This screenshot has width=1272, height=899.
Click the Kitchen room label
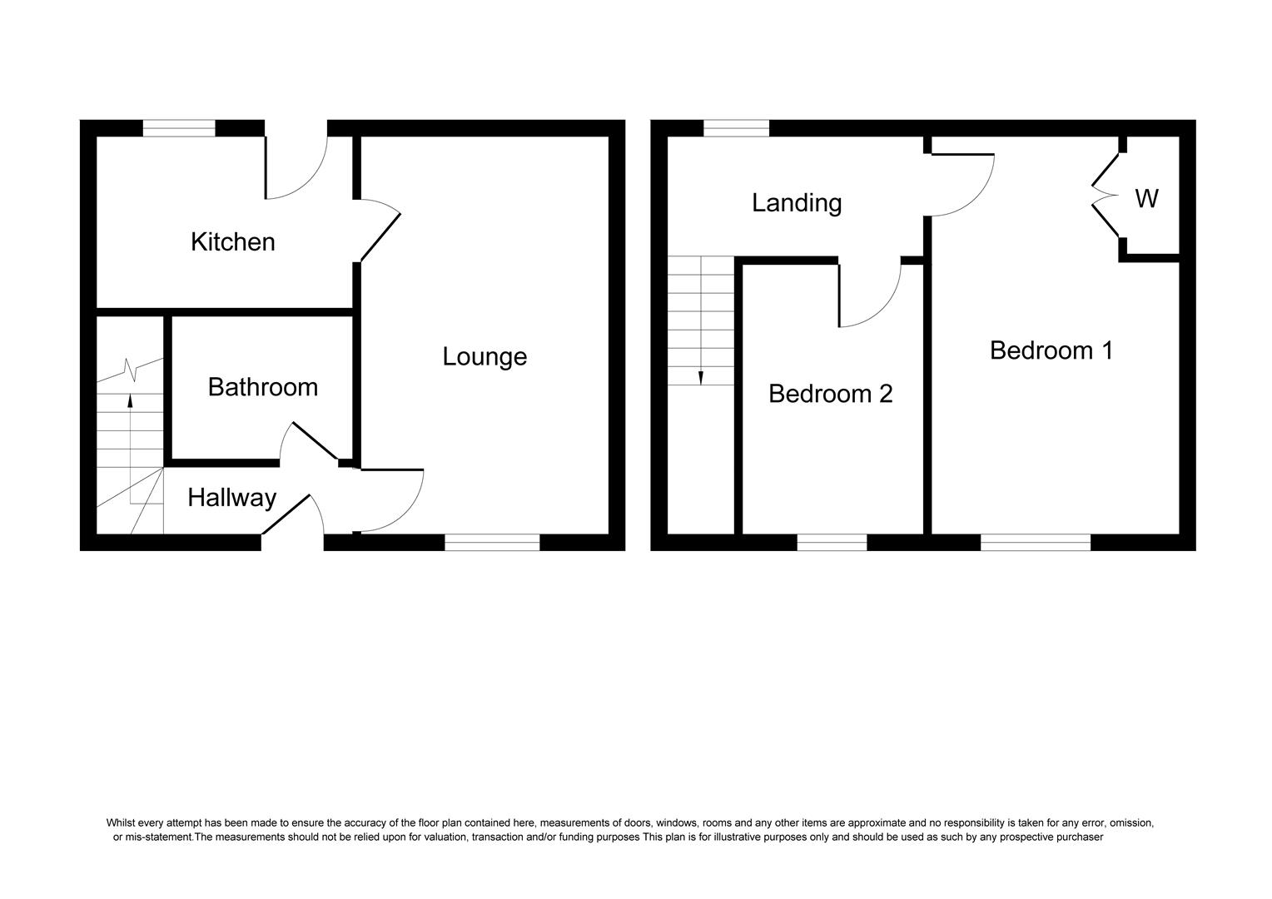click(232, 242)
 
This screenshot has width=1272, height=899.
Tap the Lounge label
click(484, 357)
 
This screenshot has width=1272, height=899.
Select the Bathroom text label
click(262, 387)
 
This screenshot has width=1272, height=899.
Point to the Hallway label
click(231, 498)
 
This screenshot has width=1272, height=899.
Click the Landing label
click(797, 203)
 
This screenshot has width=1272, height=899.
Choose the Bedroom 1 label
click(1051, 350)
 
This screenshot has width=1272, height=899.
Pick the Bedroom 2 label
click(830, 394)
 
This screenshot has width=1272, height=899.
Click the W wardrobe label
click(1146, 199)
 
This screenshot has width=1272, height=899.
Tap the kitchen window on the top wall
click(179, 128)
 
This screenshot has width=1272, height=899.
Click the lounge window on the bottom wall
click(492, 543)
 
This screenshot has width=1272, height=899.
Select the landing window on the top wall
click(736, 128)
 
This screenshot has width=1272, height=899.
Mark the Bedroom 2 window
click(832, 543)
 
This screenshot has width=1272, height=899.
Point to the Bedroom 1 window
click(1035, 543)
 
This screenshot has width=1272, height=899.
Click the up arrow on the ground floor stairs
click(130, 400)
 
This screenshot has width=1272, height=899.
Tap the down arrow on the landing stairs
click(701, 377)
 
